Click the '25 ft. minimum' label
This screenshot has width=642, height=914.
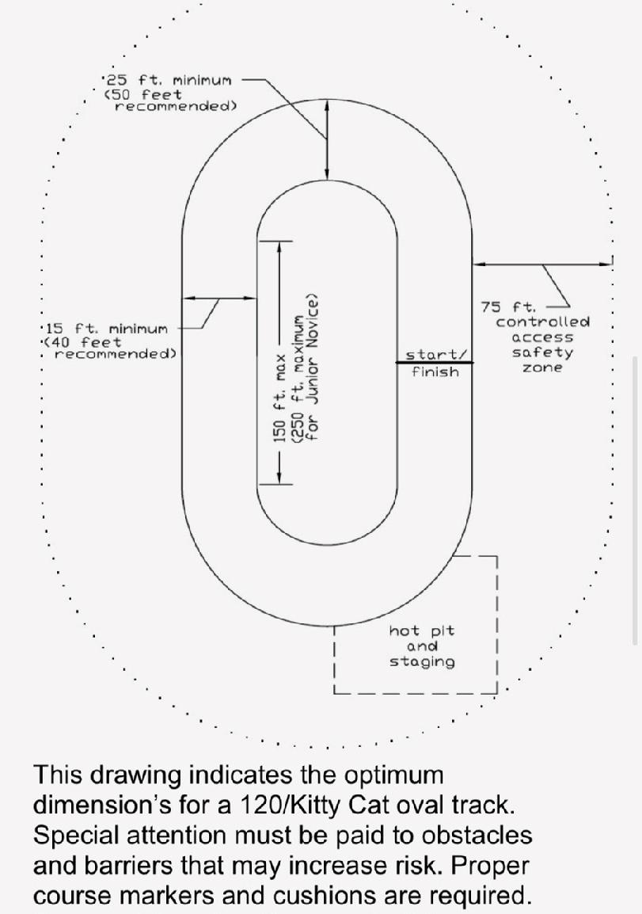169,80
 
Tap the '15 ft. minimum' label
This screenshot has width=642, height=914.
106,329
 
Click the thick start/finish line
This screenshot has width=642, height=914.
435,363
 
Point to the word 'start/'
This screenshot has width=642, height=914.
436,354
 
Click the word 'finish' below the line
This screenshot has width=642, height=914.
435,371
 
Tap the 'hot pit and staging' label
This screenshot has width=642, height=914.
422,646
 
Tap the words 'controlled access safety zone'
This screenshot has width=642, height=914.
542,345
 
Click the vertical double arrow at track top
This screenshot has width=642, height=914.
327,139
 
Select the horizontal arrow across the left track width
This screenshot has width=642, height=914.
219,298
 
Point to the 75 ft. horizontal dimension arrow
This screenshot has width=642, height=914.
542,264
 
